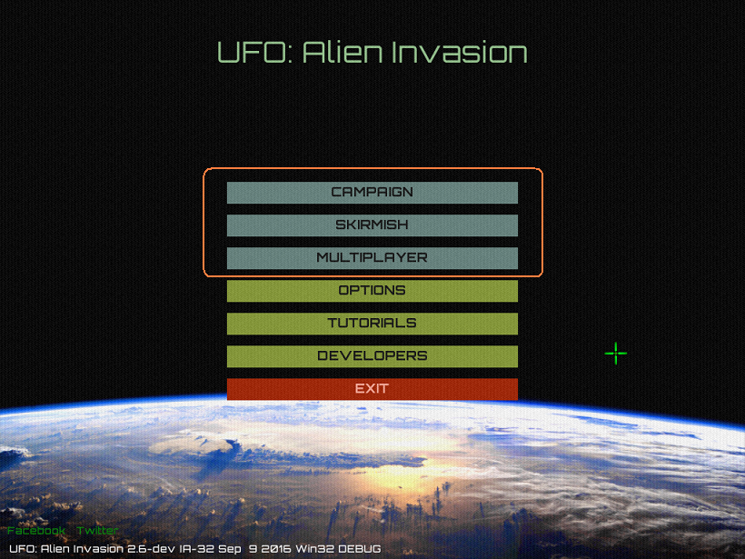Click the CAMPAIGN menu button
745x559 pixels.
point(372,193)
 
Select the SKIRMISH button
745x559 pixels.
point(372,225)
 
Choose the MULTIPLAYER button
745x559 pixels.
point(372,258)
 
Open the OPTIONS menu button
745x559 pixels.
point(372,291)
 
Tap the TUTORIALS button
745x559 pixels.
point(372,324)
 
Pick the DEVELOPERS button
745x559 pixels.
point(372,356)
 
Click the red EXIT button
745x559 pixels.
point(372,389)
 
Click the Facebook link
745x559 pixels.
point(36,531)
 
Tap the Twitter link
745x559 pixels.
point(97,531)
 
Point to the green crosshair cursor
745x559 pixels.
point(616,354)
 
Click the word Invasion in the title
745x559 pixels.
point(460,53)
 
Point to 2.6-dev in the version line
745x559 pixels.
point(151,549)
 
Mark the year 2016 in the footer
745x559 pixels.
point(276,549)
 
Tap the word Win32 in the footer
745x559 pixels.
point(314,549)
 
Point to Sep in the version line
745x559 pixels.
point(230,549)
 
